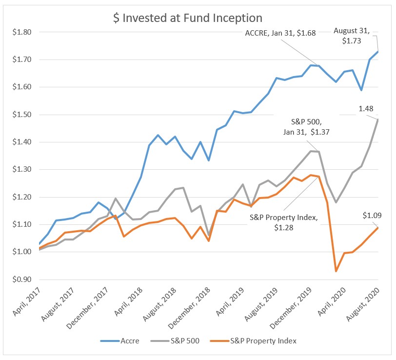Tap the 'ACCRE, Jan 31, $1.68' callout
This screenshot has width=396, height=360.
[280, 33]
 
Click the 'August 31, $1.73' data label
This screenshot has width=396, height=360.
[352, 36]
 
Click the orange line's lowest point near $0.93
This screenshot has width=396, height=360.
[336, 271]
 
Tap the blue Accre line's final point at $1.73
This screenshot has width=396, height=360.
[378, 52]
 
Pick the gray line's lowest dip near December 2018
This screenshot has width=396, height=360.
[209, 236]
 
